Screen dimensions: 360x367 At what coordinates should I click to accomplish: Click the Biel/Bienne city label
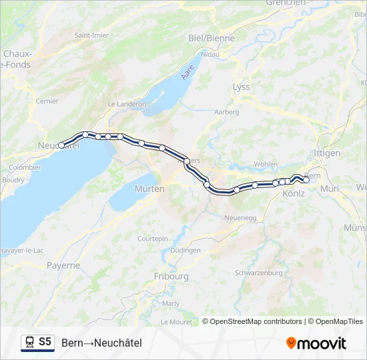(x=212, y=38)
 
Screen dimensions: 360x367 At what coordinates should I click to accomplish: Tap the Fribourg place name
(x=171, y=276)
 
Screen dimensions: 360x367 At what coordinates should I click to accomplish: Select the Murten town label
(x=149, y=189)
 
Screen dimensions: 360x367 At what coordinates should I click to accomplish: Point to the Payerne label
(x=63, y=265)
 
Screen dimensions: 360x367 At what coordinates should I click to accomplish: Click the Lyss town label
(x=241, y=87)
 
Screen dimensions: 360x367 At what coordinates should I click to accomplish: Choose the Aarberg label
(x=226, y=112)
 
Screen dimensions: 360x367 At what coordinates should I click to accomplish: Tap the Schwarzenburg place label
(x=259, y=273)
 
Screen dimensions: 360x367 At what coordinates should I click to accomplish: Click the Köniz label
(x=294, y=193)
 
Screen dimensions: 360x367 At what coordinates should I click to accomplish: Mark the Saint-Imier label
(x=91, y=35)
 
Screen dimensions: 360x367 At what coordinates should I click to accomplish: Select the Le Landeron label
(x=126, y=105)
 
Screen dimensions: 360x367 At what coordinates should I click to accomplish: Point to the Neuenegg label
(x=241, y=217)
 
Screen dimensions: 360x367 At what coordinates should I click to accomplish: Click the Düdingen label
(x=186, y=250)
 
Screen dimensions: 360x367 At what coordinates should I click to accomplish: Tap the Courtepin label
(x=152, y=238)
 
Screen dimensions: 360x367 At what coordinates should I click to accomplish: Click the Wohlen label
(x=266, y=163)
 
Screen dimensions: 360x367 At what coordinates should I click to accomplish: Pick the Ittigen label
(x=326, y=153)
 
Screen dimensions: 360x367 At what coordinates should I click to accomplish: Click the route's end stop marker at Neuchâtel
(x=61, y=145)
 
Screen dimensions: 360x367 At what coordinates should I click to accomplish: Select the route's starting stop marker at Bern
(x=306, y=179)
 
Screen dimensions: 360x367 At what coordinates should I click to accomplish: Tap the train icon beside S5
(x=29, y=342)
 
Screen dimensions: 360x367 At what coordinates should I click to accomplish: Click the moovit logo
(x=316, y=343)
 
